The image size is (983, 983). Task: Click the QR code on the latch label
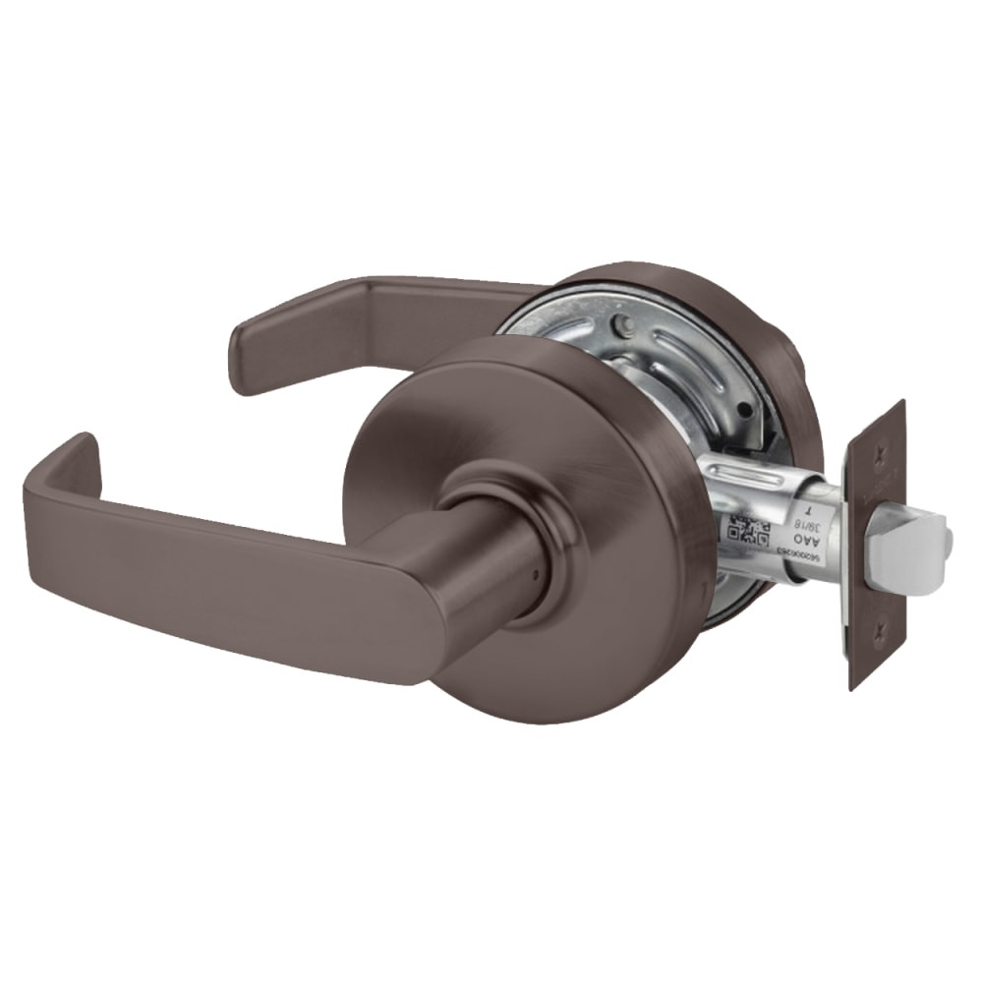point(745,530)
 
